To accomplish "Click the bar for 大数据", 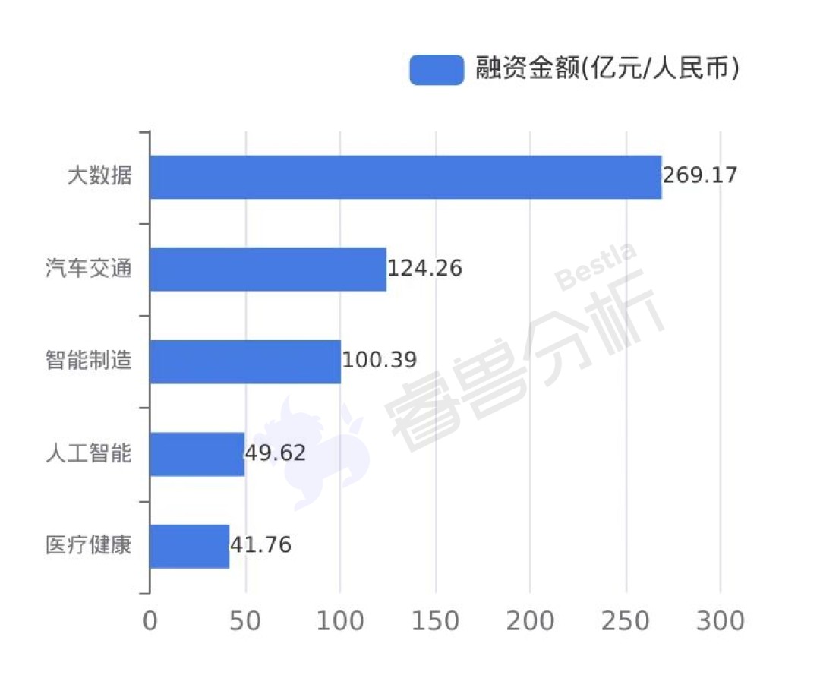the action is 405,177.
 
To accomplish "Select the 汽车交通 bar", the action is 268,270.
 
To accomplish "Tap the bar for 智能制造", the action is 246,361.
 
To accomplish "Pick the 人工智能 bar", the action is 197,454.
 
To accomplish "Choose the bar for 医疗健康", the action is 190,546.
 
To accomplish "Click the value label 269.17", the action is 700,175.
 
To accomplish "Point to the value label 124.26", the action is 424,268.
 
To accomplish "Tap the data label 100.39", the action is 379,360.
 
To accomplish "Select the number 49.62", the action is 275,453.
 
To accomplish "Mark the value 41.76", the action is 260,544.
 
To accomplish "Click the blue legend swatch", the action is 437,70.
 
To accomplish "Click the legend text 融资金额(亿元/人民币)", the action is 607,68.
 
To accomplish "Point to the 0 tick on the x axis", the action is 150,622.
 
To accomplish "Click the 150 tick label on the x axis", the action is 435,622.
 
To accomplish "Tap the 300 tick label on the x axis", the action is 721,622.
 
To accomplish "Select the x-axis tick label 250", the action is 626,622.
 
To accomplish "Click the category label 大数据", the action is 99,175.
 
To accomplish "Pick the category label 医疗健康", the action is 88,544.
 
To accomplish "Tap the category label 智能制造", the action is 88,360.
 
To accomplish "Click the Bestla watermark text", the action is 596,266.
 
